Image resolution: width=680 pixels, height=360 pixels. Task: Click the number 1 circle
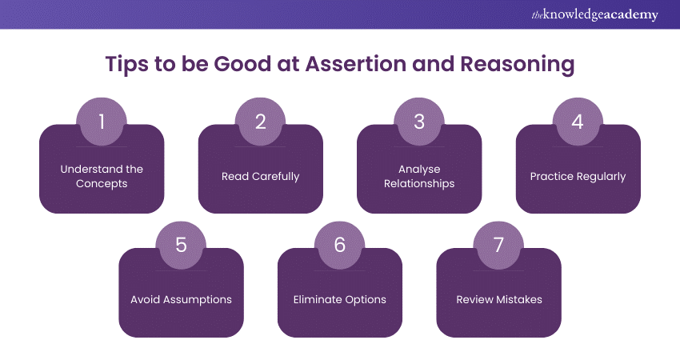(102, 122)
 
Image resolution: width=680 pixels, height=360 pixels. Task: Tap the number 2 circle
(260, 122)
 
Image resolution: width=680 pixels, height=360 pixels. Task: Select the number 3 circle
(418, 122)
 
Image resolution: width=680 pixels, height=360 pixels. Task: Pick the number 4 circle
(578, 122)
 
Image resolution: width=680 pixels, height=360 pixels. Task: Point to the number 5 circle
(181, 245)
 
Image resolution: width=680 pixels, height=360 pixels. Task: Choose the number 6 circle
(339, 245)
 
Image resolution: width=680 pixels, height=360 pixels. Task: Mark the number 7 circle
(498, 245)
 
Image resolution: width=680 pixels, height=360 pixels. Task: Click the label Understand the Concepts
(102, 176)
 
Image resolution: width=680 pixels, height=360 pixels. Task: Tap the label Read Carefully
(260, 176)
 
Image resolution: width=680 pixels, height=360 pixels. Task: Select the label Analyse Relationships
(418, 176)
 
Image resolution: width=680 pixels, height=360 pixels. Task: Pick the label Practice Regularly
(578, 176)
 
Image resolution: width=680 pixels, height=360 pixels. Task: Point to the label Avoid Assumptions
(181, 299)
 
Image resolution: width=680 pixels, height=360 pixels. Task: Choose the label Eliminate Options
(339, 299)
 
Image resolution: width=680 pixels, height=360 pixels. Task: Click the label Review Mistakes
(498, 299)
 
